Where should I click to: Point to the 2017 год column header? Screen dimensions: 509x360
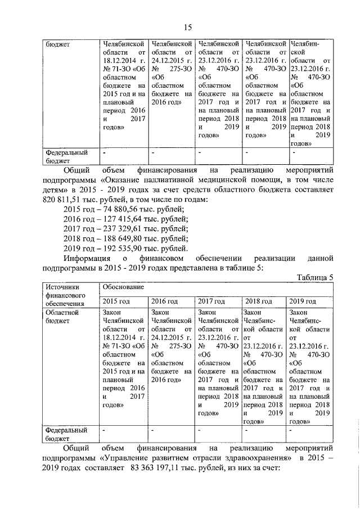click(x=211, y=301)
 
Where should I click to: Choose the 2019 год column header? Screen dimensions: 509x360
click(x=303, y=301)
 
